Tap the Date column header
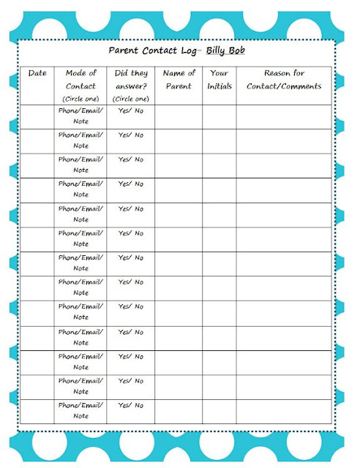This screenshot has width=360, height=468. tap(37, 73)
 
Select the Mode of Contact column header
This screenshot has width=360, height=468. tap(81, 79)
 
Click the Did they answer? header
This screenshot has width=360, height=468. tap(131, 79)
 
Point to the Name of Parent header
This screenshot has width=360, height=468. tap(179, 79)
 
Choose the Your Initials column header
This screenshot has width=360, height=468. tap(219, 79)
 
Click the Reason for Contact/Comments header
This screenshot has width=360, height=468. tap(283, 79)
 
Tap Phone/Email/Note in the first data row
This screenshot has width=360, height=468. tap(81, 116)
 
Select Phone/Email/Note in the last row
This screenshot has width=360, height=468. tap(81, 411)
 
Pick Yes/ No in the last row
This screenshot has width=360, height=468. tap(131, 405)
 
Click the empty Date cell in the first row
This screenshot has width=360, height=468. tap(37, 116)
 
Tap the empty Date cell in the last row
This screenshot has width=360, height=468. tap(37, 411)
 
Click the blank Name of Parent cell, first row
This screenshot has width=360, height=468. tap(179, 116)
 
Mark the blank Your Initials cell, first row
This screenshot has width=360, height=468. tap(219, 116)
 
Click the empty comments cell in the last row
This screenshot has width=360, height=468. tap(283, 411)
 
